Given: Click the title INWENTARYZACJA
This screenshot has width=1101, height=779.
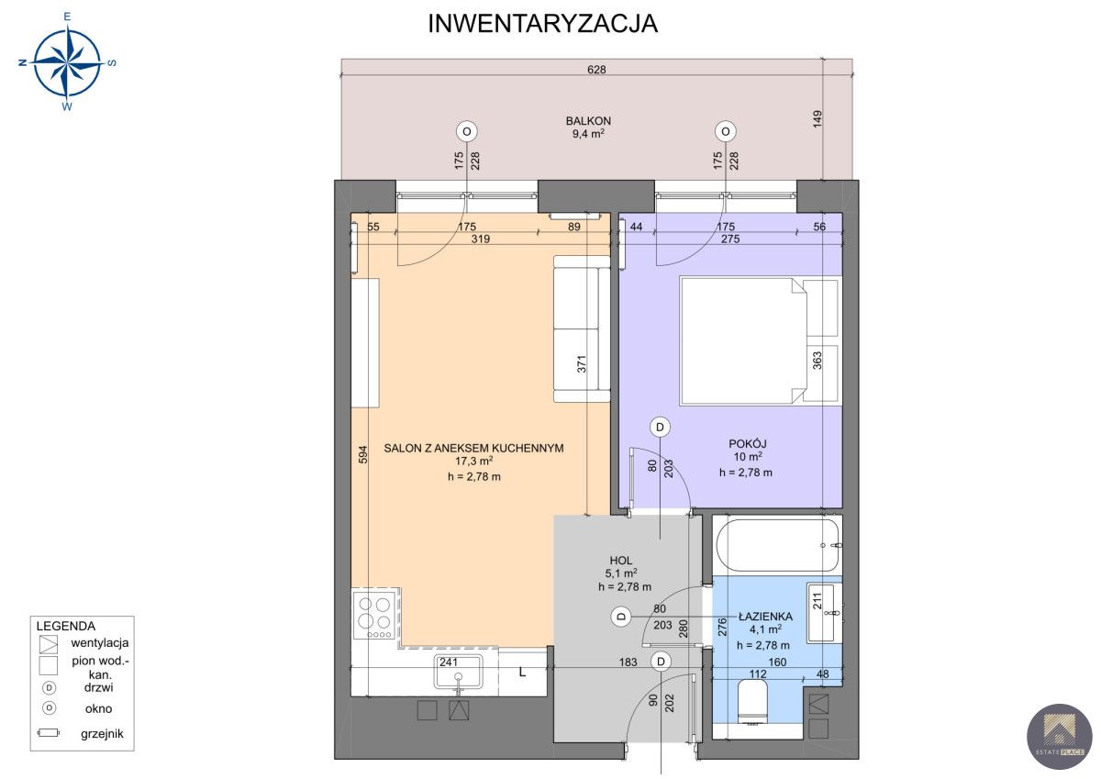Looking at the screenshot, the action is [542, 24].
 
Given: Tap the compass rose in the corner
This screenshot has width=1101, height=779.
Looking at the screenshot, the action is [67, 62].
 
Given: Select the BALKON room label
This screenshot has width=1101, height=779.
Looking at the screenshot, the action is [588, 121].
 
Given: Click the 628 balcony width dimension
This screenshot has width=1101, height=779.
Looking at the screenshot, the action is [596, 70].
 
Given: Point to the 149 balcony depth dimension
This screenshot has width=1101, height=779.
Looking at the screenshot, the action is [817, 119].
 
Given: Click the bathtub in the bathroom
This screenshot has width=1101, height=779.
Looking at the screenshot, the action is [779, 545].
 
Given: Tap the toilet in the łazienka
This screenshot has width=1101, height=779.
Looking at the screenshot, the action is [752, 702].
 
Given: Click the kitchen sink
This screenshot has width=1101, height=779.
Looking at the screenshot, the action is [459, 672].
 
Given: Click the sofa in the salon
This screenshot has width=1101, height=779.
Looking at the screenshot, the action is [582, 328].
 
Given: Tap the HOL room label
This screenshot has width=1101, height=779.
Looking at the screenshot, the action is [621, 561].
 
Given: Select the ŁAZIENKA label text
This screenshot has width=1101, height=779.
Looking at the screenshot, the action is [766, 617].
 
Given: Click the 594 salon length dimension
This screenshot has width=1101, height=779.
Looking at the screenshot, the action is [362, 454].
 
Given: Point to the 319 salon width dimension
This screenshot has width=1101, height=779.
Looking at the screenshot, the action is [480, 239].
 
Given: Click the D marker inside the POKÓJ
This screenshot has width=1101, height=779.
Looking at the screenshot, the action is [660, 427].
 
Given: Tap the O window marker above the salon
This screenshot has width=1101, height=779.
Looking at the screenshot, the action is [466, 131].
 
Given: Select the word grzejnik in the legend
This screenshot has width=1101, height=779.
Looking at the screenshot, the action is [102, 734].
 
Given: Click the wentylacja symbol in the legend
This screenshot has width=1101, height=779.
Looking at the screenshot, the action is [48, 644].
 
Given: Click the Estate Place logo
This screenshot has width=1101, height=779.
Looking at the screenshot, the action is [1059, 736].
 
